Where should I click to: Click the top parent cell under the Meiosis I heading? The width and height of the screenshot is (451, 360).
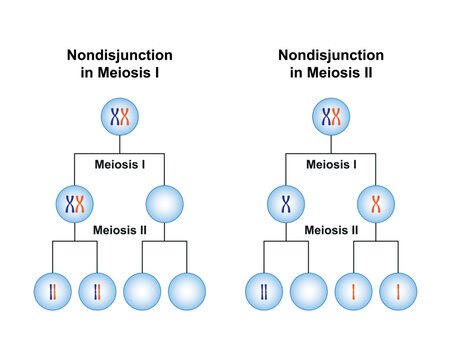120,118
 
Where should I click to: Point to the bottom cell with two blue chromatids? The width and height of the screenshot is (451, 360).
264,291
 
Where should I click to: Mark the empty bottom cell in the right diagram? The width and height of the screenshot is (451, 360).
309,291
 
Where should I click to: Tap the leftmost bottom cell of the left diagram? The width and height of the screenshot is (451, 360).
53,291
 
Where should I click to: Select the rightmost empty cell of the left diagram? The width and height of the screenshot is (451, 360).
187,291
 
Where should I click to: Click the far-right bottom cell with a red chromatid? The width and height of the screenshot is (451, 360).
398,291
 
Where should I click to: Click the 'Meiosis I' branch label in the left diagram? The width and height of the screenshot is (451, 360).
120,163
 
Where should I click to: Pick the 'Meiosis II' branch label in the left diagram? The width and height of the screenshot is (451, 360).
120,230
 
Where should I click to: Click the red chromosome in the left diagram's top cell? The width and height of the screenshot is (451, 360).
126,118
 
